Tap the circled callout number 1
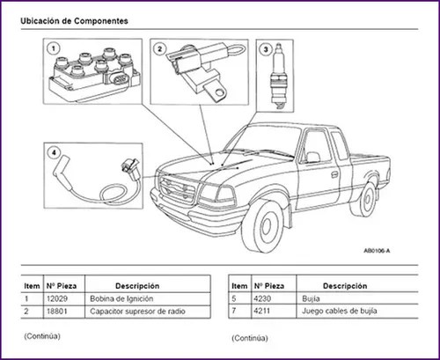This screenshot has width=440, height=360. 54,48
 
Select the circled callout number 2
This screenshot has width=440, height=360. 160,50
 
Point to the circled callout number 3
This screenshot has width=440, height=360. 265,50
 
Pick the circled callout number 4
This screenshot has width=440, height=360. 54,152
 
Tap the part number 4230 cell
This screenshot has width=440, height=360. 265,299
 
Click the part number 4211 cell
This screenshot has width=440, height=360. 265,312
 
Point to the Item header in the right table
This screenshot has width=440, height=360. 238,286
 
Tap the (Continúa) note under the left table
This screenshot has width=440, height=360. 41,335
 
